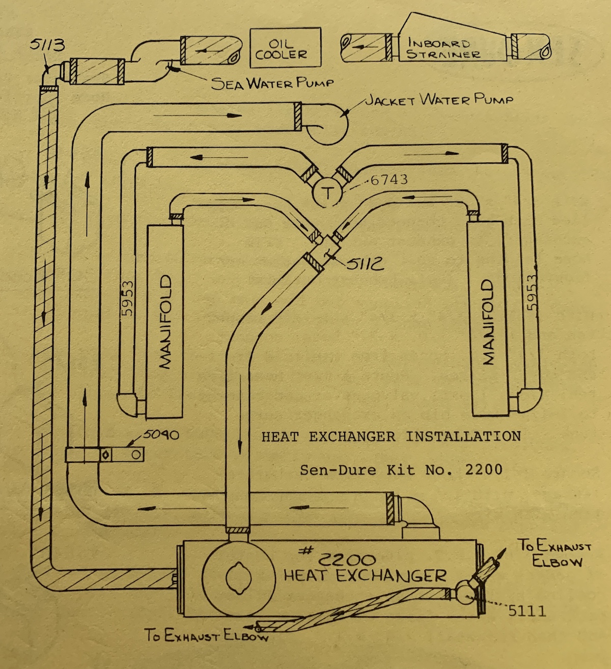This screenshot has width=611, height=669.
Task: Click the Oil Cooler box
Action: [x=286, y=48]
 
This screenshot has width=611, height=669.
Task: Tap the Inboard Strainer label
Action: [x=443, y=49]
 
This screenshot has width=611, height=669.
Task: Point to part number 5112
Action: [x=366, y=264]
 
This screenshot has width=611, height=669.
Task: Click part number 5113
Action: [x=47, y=45]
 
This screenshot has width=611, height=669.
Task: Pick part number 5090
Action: [x=160, y=434]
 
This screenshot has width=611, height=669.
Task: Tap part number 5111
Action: [x=526, y=610]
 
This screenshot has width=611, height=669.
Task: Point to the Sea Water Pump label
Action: [x=272, y=83]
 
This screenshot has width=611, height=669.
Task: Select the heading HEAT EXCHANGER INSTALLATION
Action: [x=391, y=437]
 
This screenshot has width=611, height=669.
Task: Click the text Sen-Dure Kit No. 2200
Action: [x=401, y=469]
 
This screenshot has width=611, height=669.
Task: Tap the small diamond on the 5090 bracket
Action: [x=106, y=455]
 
